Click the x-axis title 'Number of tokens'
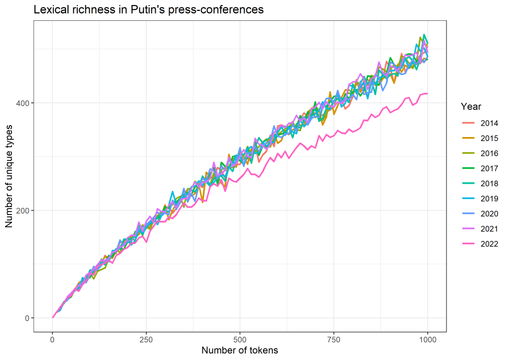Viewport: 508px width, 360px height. coord(240,350)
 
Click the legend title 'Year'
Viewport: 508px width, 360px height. coord(470,107)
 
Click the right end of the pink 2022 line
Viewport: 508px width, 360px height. coord(427,93)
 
